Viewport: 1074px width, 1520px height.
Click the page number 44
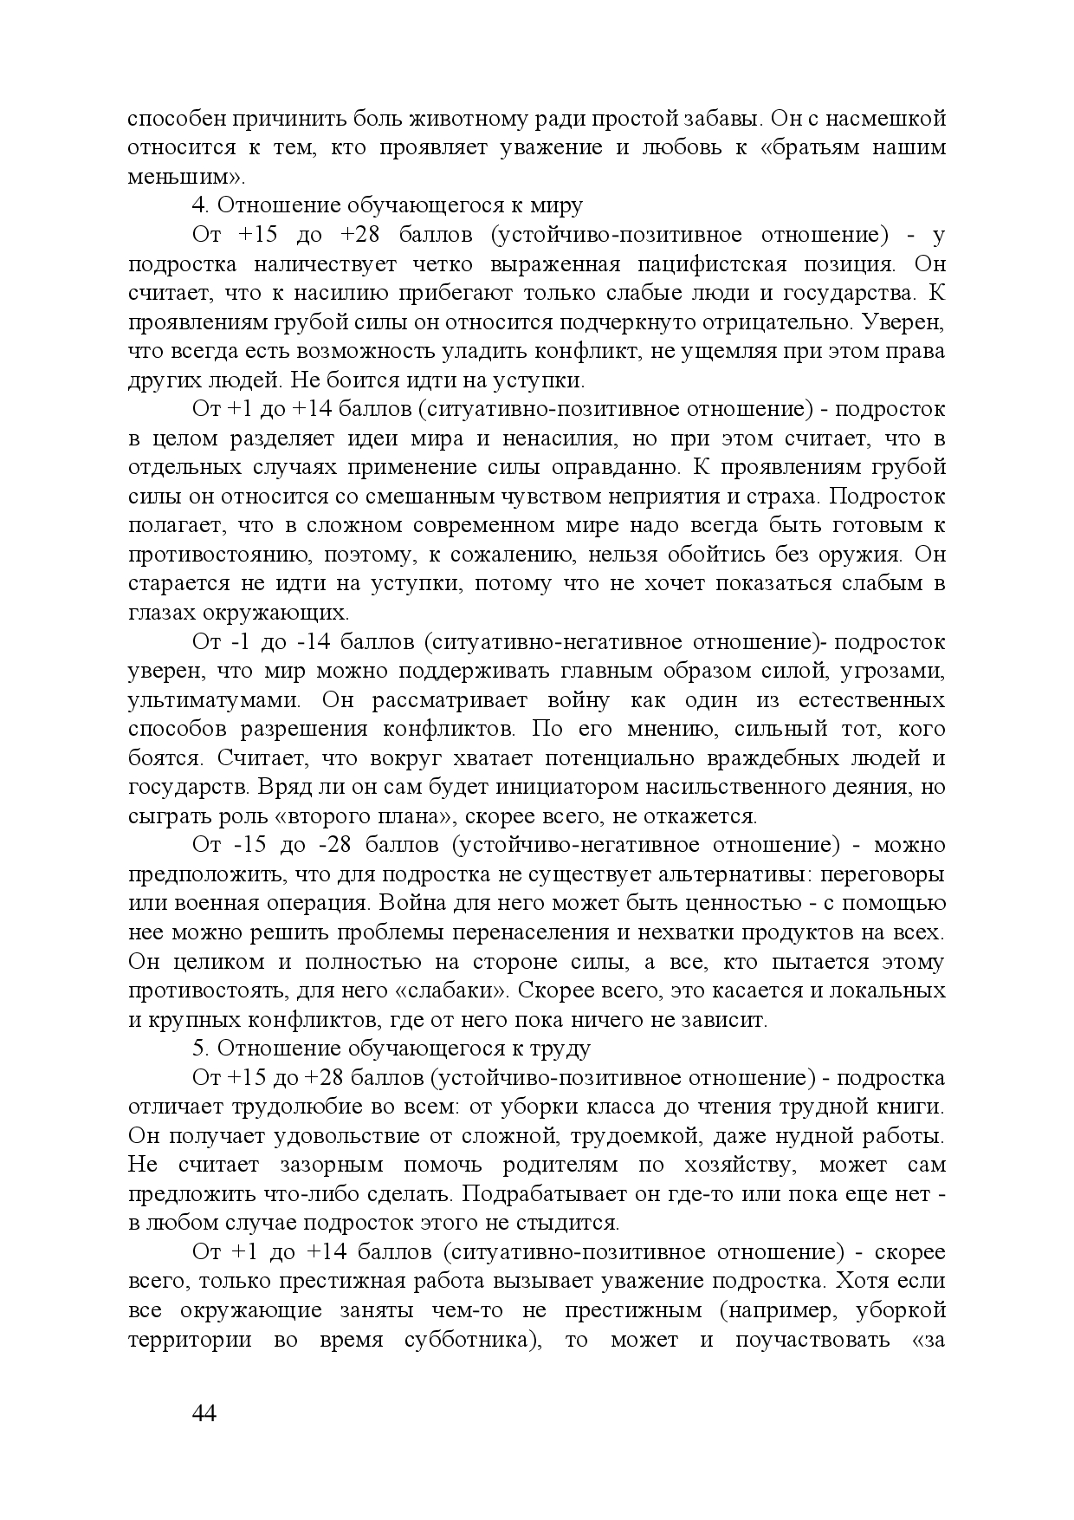pyautogui.click(x=204, y=1413)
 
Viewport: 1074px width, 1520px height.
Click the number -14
pyautogui.click(x=301, y=642)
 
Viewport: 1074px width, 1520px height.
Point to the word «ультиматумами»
pyautogui.click(x=214, y=700)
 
